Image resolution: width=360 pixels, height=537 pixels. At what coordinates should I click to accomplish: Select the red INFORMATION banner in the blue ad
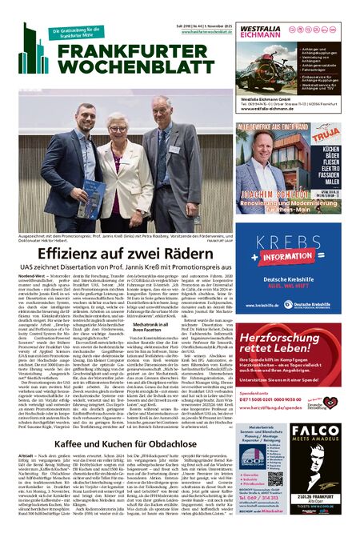click(290, 259)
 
